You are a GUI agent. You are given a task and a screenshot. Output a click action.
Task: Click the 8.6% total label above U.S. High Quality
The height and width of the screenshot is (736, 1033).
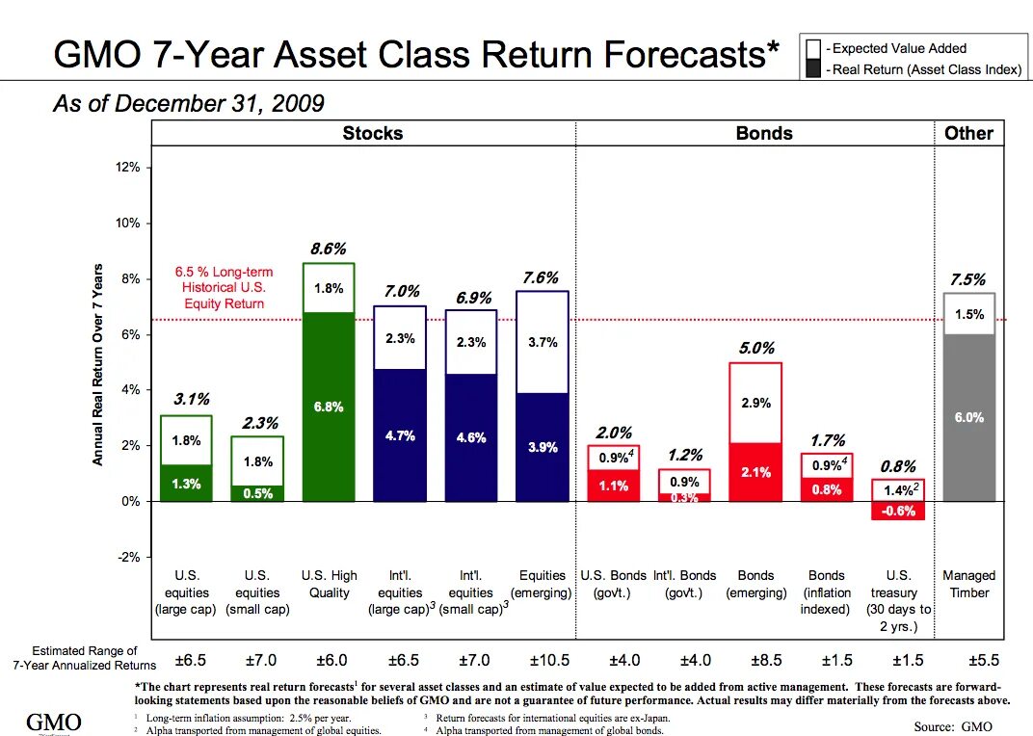[328, 250]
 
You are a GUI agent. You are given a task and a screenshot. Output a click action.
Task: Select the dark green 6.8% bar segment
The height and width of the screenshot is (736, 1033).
[328, 406]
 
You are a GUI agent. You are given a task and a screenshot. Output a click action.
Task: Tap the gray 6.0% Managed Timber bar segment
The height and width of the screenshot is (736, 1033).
[968, 417]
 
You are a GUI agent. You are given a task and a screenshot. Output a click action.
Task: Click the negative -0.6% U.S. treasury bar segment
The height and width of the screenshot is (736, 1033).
[898, 512]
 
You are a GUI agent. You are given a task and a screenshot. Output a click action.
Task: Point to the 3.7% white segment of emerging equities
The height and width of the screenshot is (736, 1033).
[543, 342]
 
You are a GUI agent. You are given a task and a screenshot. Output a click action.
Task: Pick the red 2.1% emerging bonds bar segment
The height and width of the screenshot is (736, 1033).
[755, 472]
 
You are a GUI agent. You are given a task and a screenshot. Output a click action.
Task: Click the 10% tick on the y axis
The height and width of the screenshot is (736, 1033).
[129, 223]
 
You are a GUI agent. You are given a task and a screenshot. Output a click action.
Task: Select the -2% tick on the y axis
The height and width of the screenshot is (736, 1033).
[129, 557]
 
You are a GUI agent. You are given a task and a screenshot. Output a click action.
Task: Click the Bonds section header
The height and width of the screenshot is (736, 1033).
[764, 133]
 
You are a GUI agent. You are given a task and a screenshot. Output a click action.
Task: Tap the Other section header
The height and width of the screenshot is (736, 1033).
[968, 133]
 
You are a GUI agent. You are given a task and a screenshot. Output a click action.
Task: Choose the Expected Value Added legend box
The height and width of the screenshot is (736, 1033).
[814, 49]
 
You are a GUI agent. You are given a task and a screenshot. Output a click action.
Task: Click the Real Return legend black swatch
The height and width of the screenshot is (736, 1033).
[814, 69]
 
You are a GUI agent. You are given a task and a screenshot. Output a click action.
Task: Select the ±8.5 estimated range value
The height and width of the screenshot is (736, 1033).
[755, 661]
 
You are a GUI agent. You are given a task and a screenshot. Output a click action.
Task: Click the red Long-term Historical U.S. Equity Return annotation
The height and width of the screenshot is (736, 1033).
[224, 287]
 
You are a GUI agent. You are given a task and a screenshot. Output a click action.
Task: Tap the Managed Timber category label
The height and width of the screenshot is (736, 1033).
[968, 584]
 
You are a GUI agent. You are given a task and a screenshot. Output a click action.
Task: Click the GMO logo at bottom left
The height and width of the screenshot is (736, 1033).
[53, 723]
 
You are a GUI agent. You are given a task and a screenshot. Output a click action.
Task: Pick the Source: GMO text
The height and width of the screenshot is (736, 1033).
[952, 726]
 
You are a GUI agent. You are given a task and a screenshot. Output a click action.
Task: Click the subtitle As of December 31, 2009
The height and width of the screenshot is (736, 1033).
[188, 104]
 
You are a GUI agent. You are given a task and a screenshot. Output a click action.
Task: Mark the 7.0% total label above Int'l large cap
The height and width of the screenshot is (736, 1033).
[401, 291]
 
